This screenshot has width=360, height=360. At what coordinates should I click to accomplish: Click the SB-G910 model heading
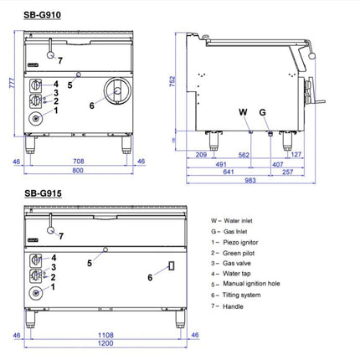point(42,15)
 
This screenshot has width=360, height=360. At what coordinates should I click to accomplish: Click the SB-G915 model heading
point(43,193)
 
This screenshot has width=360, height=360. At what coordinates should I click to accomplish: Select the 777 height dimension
point(12,83)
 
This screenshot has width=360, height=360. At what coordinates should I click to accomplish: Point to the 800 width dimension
point(78,170)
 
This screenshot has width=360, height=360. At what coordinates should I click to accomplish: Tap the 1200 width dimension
point(105,343)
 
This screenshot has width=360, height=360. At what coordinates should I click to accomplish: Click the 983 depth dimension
point(250,180)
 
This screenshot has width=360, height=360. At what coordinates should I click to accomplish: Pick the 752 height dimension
point(172,81)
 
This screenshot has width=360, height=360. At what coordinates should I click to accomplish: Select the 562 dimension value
point(244,155)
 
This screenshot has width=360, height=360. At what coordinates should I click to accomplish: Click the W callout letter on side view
point(243,112)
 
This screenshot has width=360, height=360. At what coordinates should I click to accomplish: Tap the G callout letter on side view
point(262,112)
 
